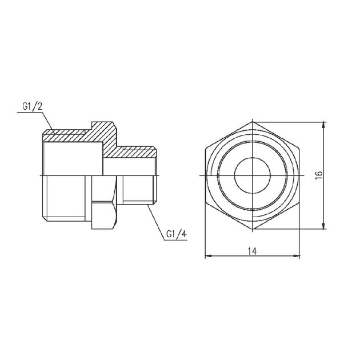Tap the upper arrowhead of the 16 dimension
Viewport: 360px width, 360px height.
[x=325, y=124]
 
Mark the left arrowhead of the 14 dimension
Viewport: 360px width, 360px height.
[x=207, y=255]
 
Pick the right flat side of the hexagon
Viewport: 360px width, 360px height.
[x=298, y=175]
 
